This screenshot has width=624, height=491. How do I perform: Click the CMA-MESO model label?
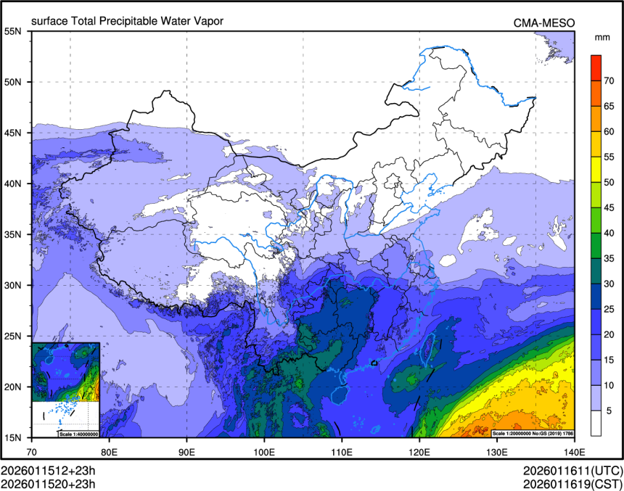tap(544, 22)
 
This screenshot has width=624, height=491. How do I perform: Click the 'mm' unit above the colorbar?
tap(602, 36)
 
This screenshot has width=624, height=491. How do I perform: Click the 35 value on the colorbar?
tap(610, 258)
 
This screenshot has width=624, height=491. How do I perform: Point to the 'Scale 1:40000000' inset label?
tap(77, 434)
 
